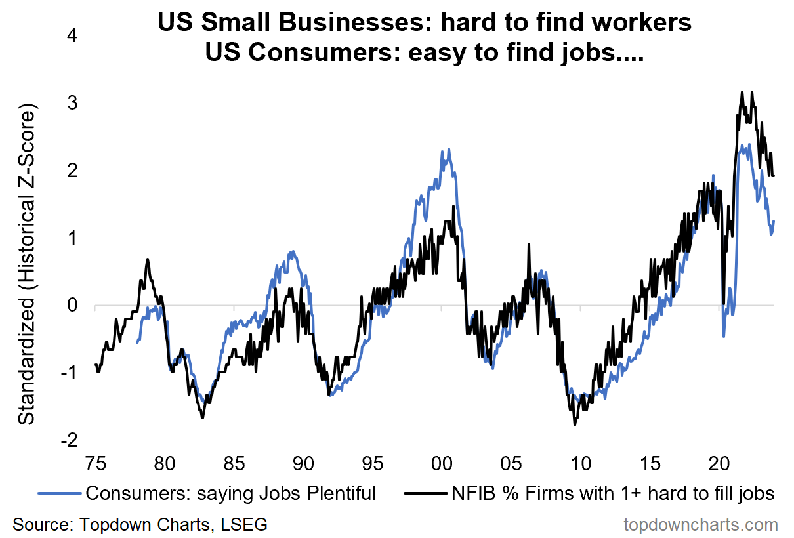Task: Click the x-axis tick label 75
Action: [95, 463]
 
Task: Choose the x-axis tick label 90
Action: [303, 463]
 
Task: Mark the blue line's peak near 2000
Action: [448, 149]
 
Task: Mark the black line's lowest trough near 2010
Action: [575, 425]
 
